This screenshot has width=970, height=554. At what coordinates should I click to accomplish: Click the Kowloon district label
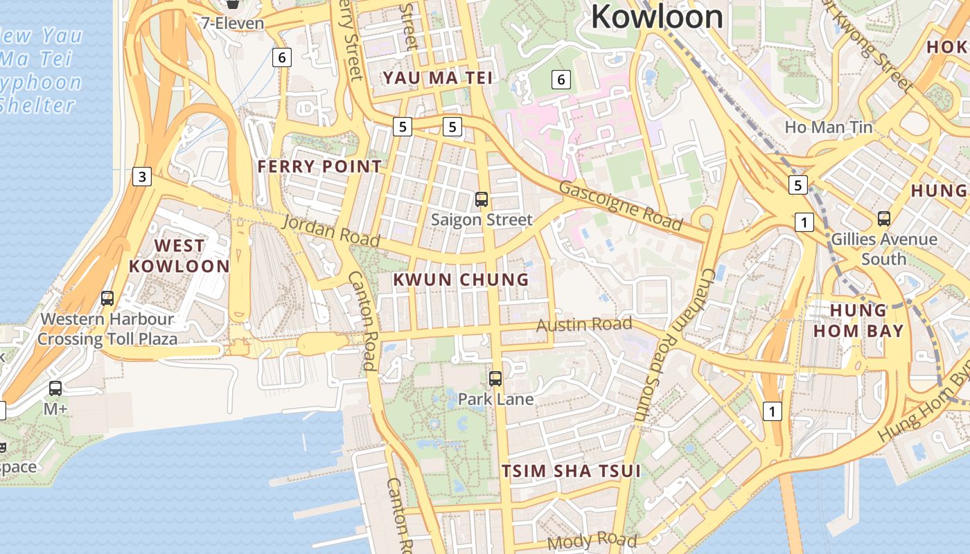657,17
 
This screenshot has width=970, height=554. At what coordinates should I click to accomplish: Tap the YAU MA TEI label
439,78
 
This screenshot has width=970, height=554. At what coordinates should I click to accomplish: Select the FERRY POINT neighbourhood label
319,166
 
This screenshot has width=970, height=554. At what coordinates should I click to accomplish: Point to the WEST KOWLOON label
179,256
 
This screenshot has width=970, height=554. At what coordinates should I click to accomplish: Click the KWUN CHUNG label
461,280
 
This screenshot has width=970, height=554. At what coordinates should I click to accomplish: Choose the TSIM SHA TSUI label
571,472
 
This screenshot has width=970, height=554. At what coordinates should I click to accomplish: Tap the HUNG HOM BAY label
858,320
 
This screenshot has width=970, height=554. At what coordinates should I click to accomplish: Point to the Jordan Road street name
331,231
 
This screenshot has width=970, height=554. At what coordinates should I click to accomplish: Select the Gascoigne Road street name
620,205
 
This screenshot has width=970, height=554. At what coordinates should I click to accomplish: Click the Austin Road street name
584,325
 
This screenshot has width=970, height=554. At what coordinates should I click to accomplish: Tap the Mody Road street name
592,540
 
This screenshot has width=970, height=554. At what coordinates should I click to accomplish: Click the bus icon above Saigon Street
482,199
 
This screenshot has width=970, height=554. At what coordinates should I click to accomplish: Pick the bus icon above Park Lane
495,379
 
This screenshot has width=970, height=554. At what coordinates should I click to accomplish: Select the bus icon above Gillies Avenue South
884,219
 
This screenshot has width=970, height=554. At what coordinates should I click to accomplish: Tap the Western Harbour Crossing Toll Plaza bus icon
107,298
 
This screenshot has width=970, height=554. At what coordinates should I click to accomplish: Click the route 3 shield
142,177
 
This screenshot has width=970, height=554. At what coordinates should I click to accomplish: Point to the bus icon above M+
55,388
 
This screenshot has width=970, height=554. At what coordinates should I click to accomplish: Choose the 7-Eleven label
233,23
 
